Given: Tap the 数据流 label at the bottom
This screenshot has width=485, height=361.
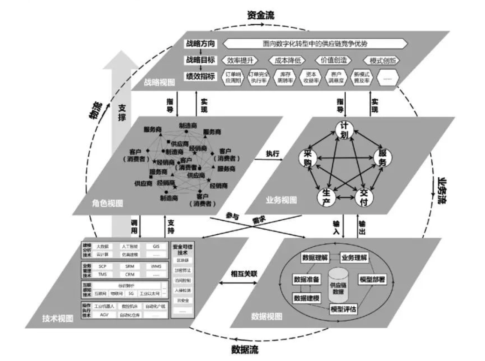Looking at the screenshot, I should pyautogui.click(x=244, y=349).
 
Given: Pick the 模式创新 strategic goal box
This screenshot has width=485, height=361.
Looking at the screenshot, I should pyautogui.click(x=381, y=60).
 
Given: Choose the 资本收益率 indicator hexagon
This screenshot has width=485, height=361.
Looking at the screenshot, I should pyautogui.click(x=309, y=77).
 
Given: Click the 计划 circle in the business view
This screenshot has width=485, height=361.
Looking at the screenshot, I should pyautogui.click(x=344, y=130).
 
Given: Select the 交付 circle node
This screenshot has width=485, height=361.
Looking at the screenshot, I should pyautogui.click(x=363, y=196).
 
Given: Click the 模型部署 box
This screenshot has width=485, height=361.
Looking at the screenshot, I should pyautogui.click(x=371, y=279).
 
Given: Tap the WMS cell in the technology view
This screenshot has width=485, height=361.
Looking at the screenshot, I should pyautogui.click(x=156, y=267).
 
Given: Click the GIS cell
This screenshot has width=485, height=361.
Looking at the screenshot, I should pyautogui.click(x=156, y=246).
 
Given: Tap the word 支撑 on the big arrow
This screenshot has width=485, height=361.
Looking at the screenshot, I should pyautogui.click(x=121, y=114).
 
